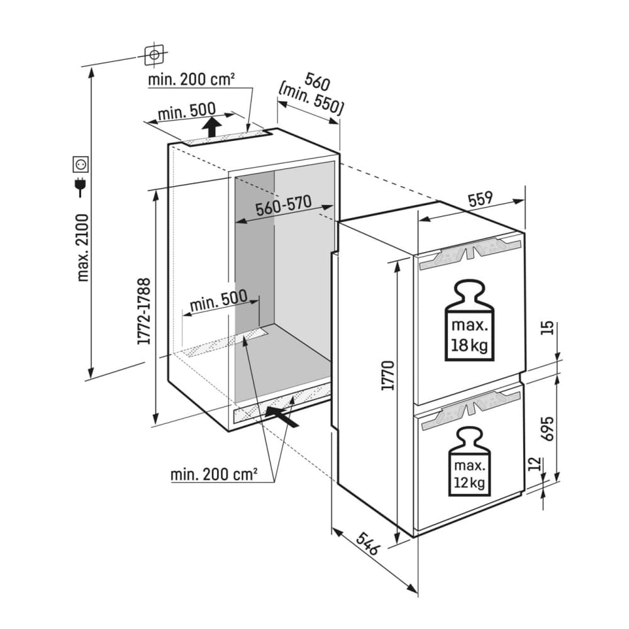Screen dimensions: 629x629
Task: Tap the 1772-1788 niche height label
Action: pos(144,311)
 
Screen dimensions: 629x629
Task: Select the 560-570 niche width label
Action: pos(284,206)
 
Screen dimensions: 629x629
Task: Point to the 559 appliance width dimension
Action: pos(480,199)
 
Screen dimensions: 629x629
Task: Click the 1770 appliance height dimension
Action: pos(388,376)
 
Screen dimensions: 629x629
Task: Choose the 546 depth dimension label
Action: pos(367,543)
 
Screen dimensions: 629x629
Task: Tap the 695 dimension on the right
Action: pos(547,428)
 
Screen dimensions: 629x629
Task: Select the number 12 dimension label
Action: pos(535,464)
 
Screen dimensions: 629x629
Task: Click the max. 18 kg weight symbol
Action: pos(469,320)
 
